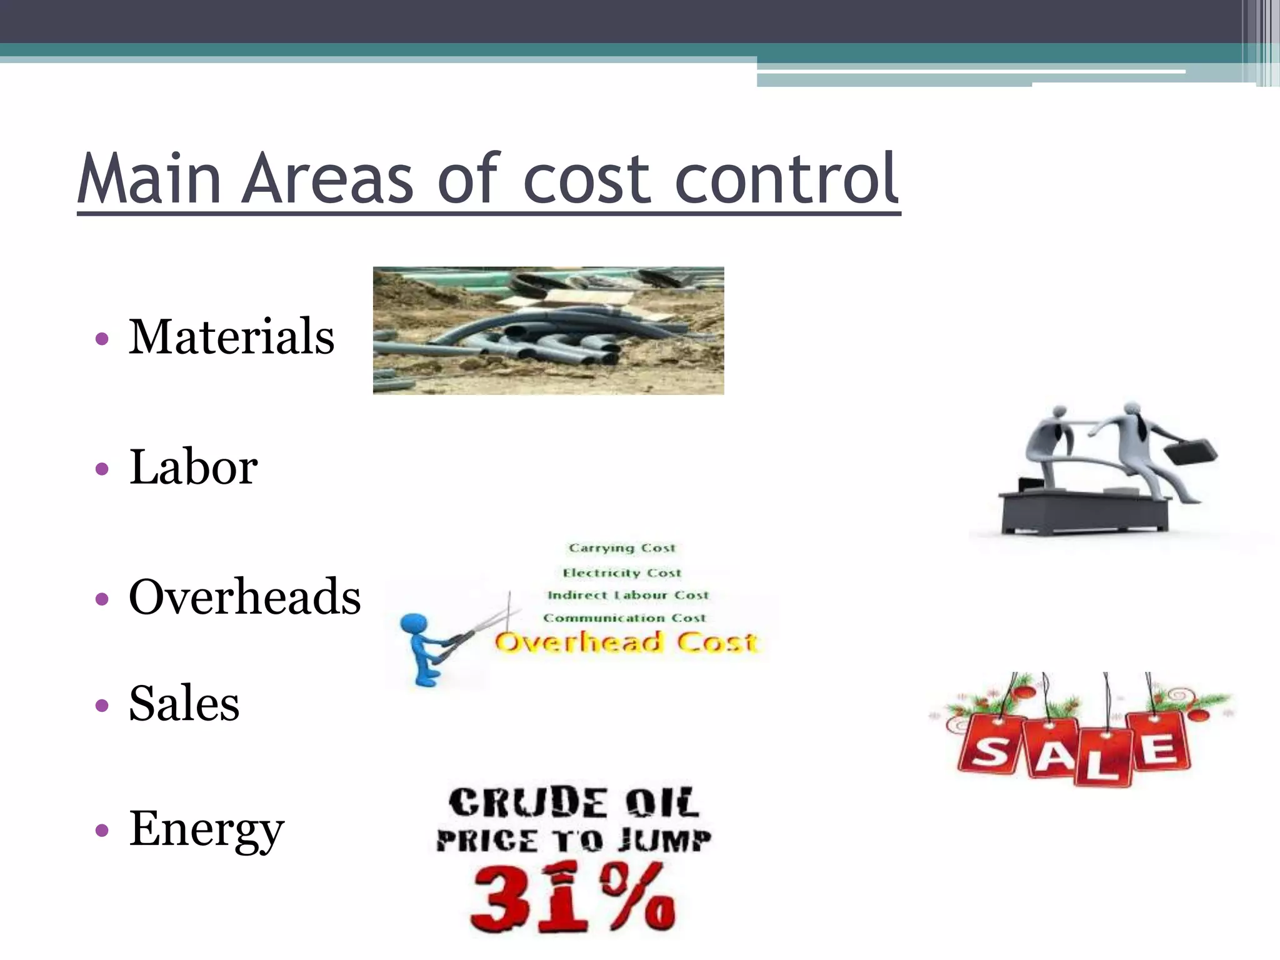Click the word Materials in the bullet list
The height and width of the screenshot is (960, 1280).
[231, 337]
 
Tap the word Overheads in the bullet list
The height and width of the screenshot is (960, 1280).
[244, 597]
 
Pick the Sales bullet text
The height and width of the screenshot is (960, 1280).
[184, 704]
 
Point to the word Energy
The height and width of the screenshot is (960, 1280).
[206, 829]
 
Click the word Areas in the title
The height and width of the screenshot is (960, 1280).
[327, 179]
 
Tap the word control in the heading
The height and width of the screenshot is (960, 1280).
[787, 179]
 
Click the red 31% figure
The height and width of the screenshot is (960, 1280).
[572, 897]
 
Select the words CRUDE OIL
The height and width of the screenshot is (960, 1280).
[573, 803]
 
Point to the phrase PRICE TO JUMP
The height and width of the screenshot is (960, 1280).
[573, 841]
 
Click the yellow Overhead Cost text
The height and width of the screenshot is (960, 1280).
[626, 642]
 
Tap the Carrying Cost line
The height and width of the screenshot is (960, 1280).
[622, 548]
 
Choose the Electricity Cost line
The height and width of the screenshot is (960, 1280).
[622, 572]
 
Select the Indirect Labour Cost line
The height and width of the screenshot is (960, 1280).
[628, 595]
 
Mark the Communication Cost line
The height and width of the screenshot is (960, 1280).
[624, 618]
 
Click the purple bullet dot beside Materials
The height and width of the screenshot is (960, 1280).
[102, 339]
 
